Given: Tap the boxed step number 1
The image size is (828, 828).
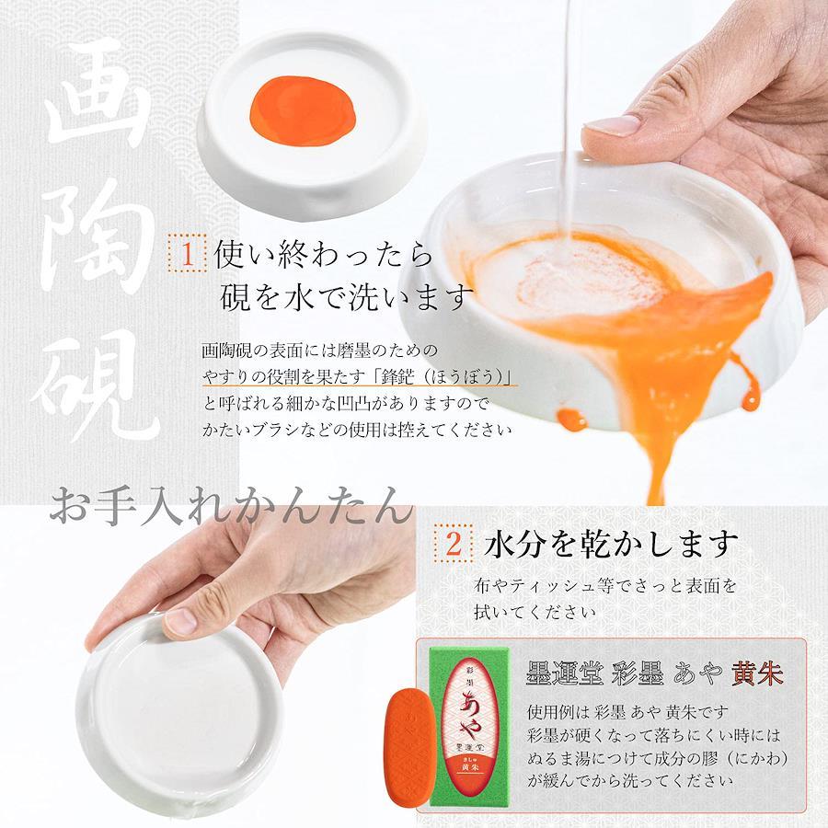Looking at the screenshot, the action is click(x=187, y=253).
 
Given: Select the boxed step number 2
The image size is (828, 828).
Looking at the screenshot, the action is click(x=453, y=543).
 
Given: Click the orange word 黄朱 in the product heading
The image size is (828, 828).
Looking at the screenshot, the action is click(x=757, y=674).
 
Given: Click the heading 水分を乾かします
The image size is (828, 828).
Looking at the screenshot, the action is click(x=611, y=544).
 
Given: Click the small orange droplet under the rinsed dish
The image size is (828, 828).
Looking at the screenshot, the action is click(x=571, y=419).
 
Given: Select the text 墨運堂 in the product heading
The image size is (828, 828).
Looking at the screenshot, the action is click(x=564, y=674).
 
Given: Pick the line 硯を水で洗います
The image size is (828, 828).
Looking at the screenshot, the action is click(x=347, y=296).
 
